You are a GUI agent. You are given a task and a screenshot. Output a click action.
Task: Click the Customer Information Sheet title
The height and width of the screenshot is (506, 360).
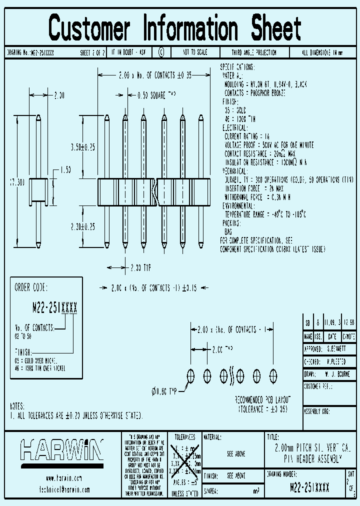click(x=175, y=27)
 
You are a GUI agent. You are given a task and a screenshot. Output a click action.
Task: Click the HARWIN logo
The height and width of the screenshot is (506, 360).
click(x=61, y=450)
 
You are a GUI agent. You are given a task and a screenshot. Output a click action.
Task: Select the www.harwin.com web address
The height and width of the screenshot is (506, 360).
click(x=60, y=478)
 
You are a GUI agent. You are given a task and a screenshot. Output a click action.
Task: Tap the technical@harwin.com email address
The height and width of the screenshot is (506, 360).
click(x=60, y=490)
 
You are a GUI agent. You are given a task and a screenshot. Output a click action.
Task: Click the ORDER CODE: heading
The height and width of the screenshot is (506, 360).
click(x=31, y=287)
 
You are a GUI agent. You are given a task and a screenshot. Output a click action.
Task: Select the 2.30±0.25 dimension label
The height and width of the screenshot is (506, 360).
click(x=83, y=226)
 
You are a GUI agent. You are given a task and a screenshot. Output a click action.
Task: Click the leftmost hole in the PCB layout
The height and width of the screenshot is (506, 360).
click(x=190, y=375)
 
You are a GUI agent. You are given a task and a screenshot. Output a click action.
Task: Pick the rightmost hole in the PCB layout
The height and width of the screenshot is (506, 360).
click(x=273, y=375)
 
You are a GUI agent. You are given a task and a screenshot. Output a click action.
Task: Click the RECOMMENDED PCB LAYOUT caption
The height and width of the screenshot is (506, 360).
click(x=262, y=400)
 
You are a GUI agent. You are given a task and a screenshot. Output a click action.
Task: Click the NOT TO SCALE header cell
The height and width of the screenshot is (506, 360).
click(x=195, y=52)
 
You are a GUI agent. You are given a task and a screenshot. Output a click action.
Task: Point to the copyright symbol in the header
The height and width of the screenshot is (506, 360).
click(x=161, y=52)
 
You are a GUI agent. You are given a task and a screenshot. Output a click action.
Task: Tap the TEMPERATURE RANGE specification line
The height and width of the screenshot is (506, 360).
click(x=265, y=214)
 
